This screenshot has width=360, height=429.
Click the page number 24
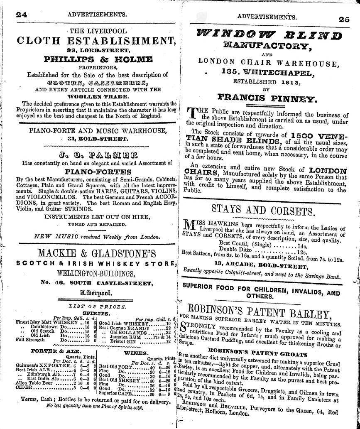point(22,15)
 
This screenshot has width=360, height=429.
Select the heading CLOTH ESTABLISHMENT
point(95,41)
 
